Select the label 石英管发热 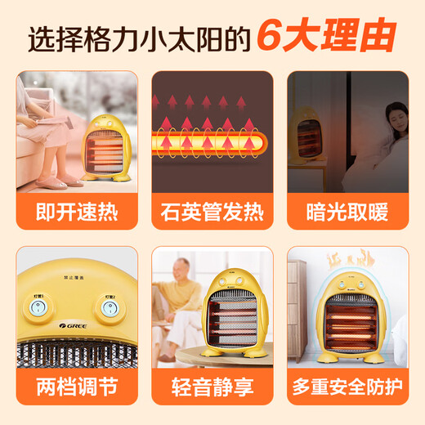pos(212,213)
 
